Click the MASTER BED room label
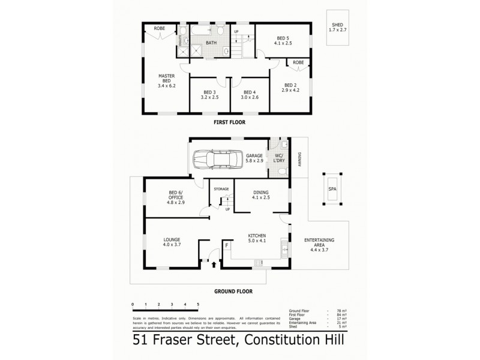pos(166,81)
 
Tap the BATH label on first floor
pos(211,43)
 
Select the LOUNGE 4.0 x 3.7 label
pos(172,242)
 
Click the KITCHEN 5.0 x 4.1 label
pos(257,239)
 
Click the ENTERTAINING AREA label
pos(319,243)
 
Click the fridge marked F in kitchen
pos(227,245)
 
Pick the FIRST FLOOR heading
pos(230,122)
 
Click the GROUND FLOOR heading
pos(233,291)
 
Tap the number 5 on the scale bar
pos(197,305)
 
